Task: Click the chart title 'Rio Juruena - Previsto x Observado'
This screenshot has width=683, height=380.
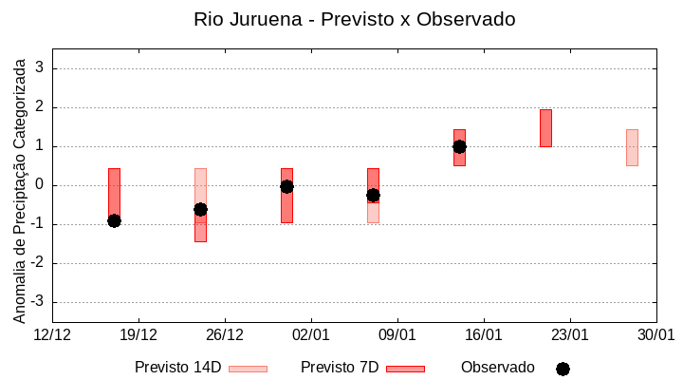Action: pyautogui.click(x=354, y=19)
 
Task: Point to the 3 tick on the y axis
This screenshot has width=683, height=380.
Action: pyautogui.click(x=41, y=68)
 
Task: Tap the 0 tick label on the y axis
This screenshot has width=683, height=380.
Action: pyautogui.click(x=41, y=185)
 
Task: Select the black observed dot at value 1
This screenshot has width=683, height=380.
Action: pyautogui.click(x=459, y=146)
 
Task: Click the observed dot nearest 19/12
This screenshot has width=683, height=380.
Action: pyautogui.click(x=114, y=220)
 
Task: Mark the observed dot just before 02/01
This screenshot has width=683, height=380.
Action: pyautogui.click(x=286, y=186)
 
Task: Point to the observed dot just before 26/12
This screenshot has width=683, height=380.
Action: pyautogui.click(x=200, y=209)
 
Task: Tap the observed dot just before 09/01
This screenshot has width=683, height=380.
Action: pyautogui.click(x=373, y=195)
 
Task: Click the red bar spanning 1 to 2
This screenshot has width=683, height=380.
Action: pyautogui.click(x=545, y=128)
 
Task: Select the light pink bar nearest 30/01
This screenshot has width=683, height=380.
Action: pyautogui.click(x=632, y=147)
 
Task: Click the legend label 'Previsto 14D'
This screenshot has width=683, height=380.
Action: pyautogui.click(x=177, y=368)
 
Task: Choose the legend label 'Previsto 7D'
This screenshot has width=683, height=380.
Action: pyautogui.click(x=340, y=368)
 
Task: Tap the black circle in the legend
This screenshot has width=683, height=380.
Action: pyautogui.click(x=563, y=369)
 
